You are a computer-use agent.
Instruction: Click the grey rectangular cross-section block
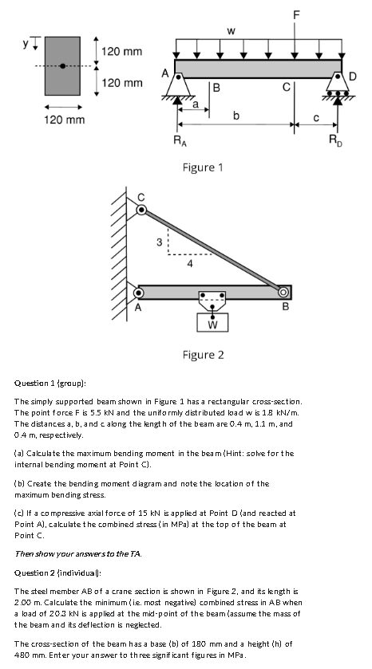point(64,67)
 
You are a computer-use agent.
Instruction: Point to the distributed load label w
point(230,32)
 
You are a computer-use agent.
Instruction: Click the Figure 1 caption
point(203,167)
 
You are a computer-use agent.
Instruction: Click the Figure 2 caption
point(203,354)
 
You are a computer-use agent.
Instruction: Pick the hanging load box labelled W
point(212,324)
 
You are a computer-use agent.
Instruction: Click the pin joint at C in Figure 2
point(142,210)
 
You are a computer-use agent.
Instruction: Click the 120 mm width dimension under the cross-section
point(64,120)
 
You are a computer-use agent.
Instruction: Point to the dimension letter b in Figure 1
point(236,116)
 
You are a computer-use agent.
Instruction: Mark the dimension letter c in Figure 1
point(315,116)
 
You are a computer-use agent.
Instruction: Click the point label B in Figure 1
point(216,87)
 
